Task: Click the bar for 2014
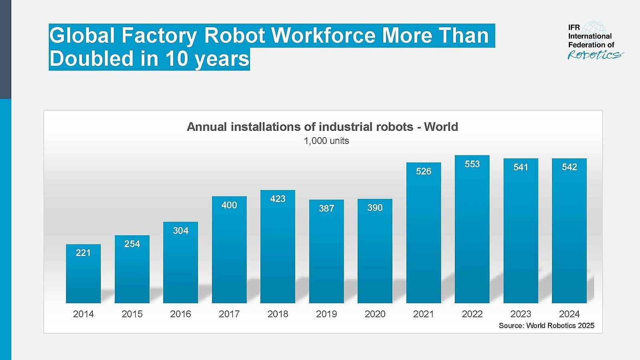click(x=83, y=276)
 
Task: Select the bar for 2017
click(x=229, y=252)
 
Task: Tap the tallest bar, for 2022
click(x=472, y=232)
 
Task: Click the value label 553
click(x=472, y=164)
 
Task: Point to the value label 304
click(x=180, y=231)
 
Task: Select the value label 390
click(x=375, y=208)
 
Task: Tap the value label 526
click(x=424, y=171)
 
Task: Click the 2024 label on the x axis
click(x=569, y=314)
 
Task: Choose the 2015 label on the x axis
click(x=132, y=314)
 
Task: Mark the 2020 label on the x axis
click(x=375, y=314)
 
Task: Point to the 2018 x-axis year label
click(x=278, y=314)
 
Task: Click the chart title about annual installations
click(x=322, y=127)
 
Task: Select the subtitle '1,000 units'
click(x=326, y=141)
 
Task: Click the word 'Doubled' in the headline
click(x=91, y=59)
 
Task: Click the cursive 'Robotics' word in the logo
click(x=594, y=55)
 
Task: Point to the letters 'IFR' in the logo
click(x=574, y=28)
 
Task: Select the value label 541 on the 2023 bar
click(x=521, y=167)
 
